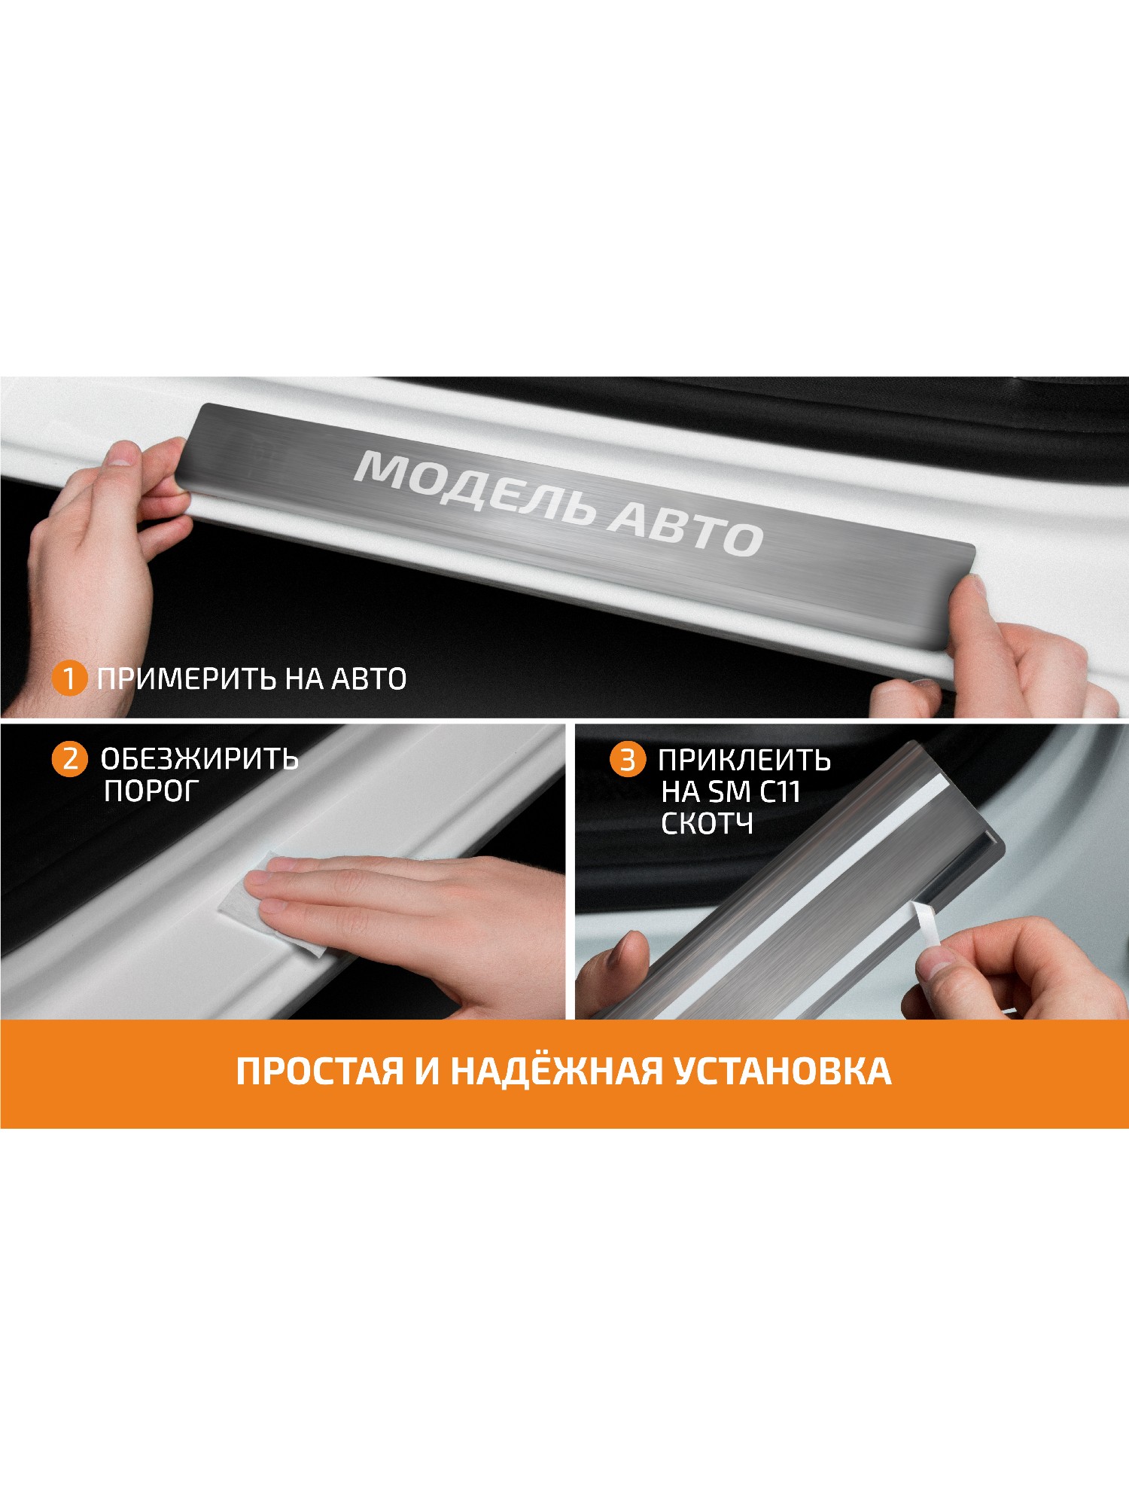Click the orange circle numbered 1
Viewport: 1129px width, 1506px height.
point(69,678)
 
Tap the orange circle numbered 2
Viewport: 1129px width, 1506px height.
point(70,758)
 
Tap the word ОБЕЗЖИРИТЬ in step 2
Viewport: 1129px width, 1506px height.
point(199,759)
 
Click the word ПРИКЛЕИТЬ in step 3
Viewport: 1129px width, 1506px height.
point(744,761)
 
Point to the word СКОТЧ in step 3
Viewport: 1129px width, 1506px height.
point(707,824)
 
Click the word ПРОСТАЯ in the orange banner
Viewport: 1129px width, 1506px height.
point(320,1072)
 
